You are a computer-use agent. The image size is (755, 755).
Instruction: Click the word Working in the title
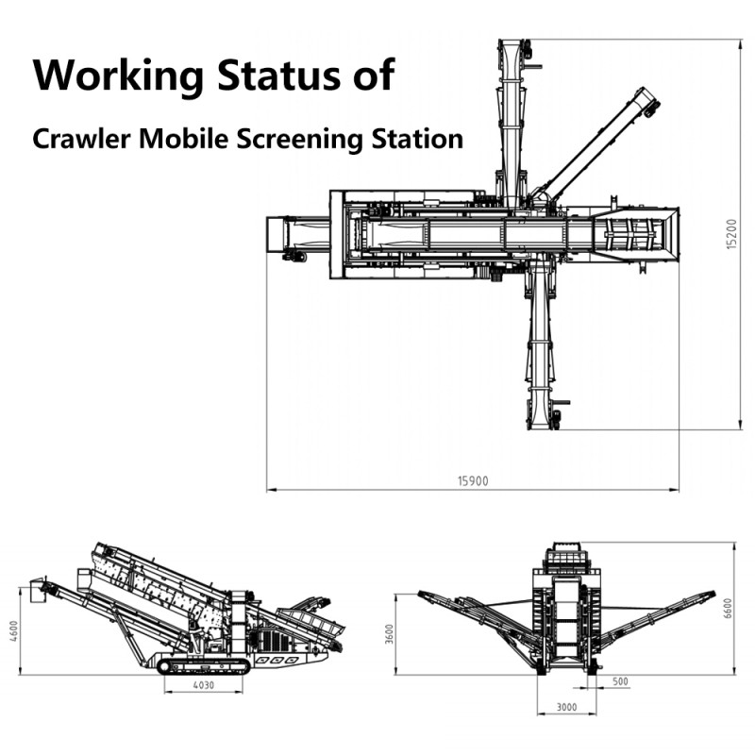click(x=118, y=76)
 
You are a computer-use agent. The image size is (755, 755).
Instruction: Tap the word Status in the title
click(x=278, y=75)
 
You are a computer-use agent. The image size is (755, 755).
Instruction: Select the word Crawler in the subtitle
click(x=81, y=139)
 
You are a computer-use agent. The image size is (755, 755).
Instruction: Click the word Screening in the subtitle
click(x=299, y=140)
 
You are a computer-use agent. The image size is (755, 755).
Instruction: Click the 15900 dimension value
click(x=473, y=481)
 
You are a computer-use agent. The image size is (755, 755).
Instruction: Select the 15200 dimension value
click(x=731, y=234)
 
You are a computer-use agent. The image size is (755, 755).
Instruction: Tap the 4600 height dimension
click(x=14, y=630)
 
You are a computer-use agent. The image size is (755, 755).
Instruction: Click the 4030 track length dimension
click(x=204, y=684)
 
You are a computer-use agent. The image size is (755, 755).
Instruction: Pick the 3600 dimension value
click(x=390, y=633)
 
